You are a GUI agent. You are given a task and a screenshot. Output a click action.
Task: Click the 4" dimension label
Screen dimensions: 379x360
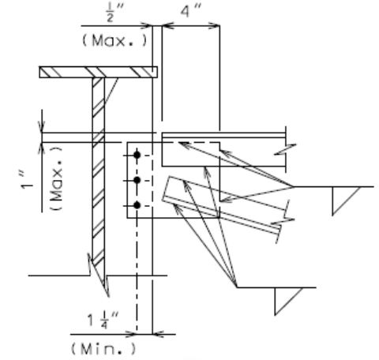[191, 11]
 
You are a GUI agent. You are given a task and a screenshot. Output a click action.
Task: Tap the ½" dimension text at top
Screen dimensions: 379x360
[114, 13]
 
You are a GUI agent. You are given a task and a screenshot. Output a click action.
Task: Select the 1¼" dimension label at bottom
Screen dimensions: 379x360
[103, 319]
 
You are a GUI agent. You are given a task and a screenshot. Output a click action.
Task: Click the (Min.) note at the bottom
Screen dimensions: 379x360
[104, 349]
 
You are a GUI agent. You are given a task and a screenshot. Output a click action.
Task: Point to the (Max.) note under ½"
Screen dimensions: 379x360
[114, 41]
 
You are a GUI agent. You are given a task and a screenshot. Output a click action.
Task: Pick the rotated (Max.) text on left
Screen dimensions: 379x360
[56, 178]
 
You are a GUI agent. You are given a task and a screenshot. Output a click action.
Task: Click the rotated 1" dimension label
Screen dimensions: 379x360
[26, 180]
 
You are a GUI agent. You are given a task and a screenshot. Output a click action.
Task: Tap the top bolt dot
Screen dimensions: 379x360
[137, 156]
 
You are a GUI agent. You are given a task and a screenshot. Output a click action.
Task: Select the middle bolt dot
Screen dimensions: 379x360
[137, 180]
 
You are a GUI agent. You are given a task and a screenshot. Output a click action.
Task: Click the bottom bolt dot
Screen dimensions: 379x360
[137, 205]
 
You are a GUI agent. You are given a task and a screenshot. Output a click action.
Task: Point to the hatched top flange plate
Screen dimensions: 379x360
[99, 72]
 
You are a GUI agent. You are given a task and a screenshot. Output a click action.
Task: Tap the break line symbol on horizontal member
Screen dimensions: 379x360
[285, 149]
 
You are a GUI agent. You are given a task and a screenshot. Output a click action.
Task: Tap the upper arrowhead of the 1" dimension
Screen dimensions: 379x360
[42, 126]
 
